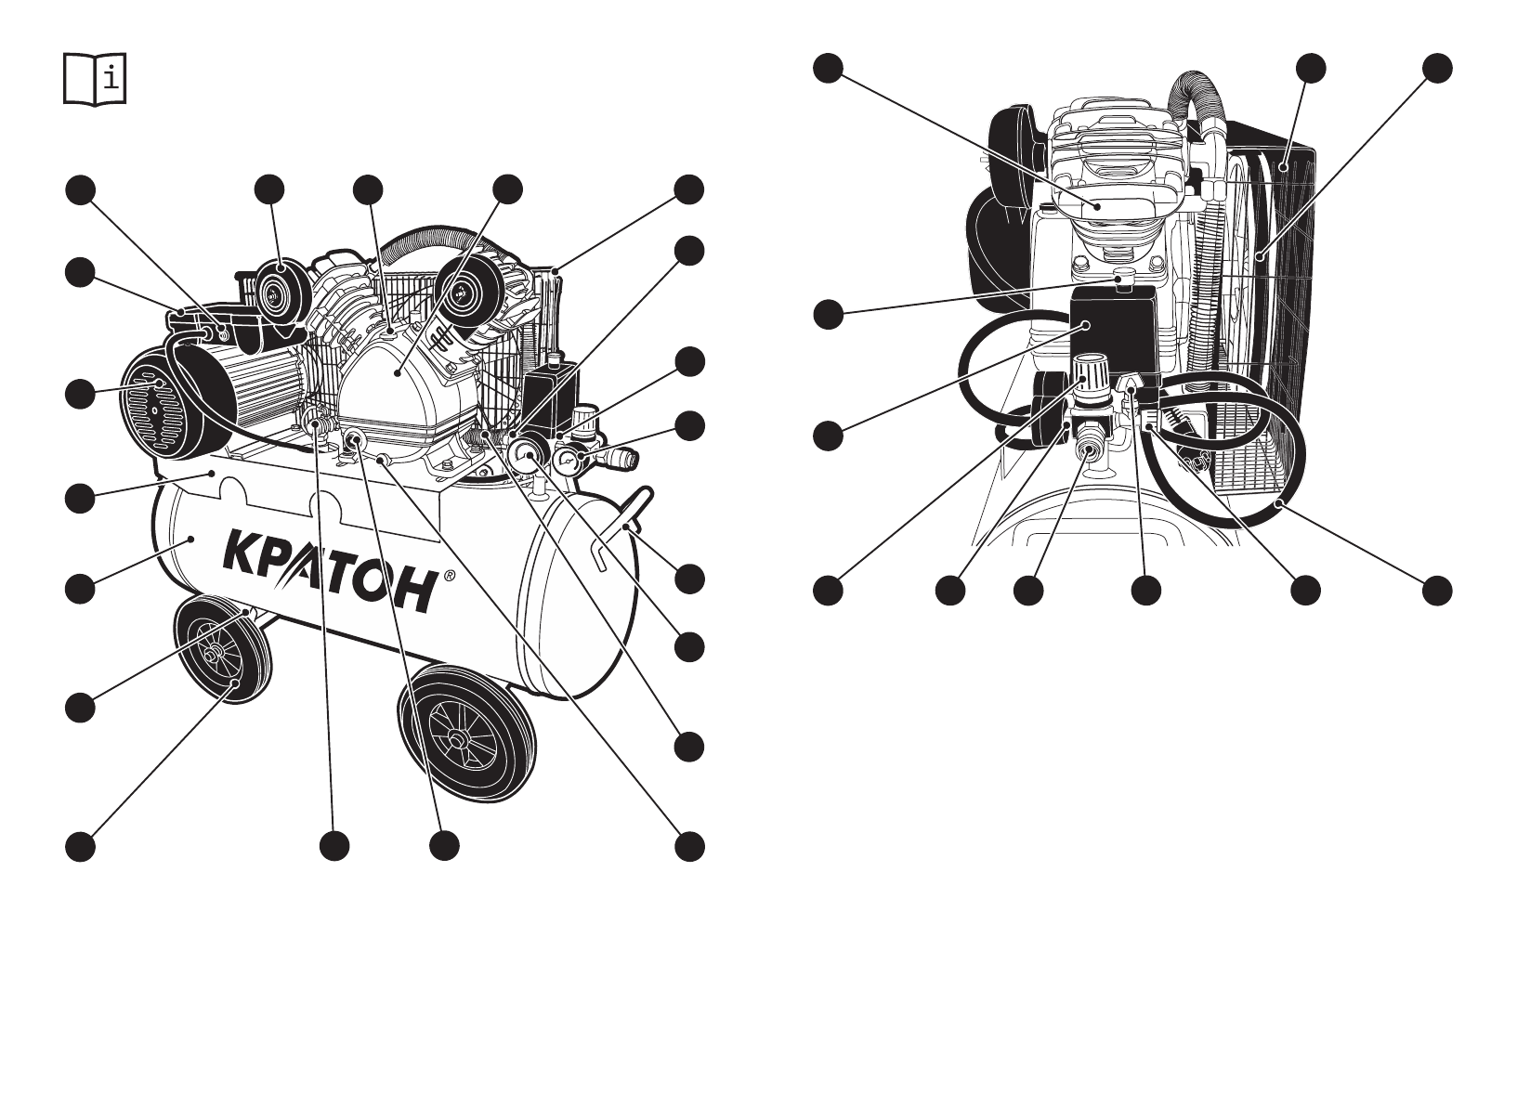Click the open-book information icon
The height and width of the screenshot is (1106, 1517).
tap(95, 79)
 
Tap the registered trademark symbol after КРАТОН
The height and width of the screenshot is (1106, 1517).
tap(450, 576)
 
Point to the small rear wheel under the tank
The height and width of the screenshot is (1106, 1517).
tap(223, 653)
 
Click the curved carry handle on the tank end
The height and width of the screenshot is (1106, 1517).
tap(618, 530)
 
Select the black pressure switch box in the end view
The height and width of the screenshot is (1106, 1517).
tap(1113, 327)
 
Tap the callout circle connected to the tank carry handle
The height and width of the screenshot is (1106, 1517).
tap(688, 579)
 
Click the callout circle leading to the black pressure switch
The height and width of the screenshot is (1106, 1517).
tap(828, 435)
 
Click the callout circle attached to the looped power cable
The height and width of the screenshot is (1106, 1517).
tap(1436, 590)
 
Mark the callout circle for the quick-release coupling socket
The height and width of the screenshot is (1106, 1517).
tap(1027, 590)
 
